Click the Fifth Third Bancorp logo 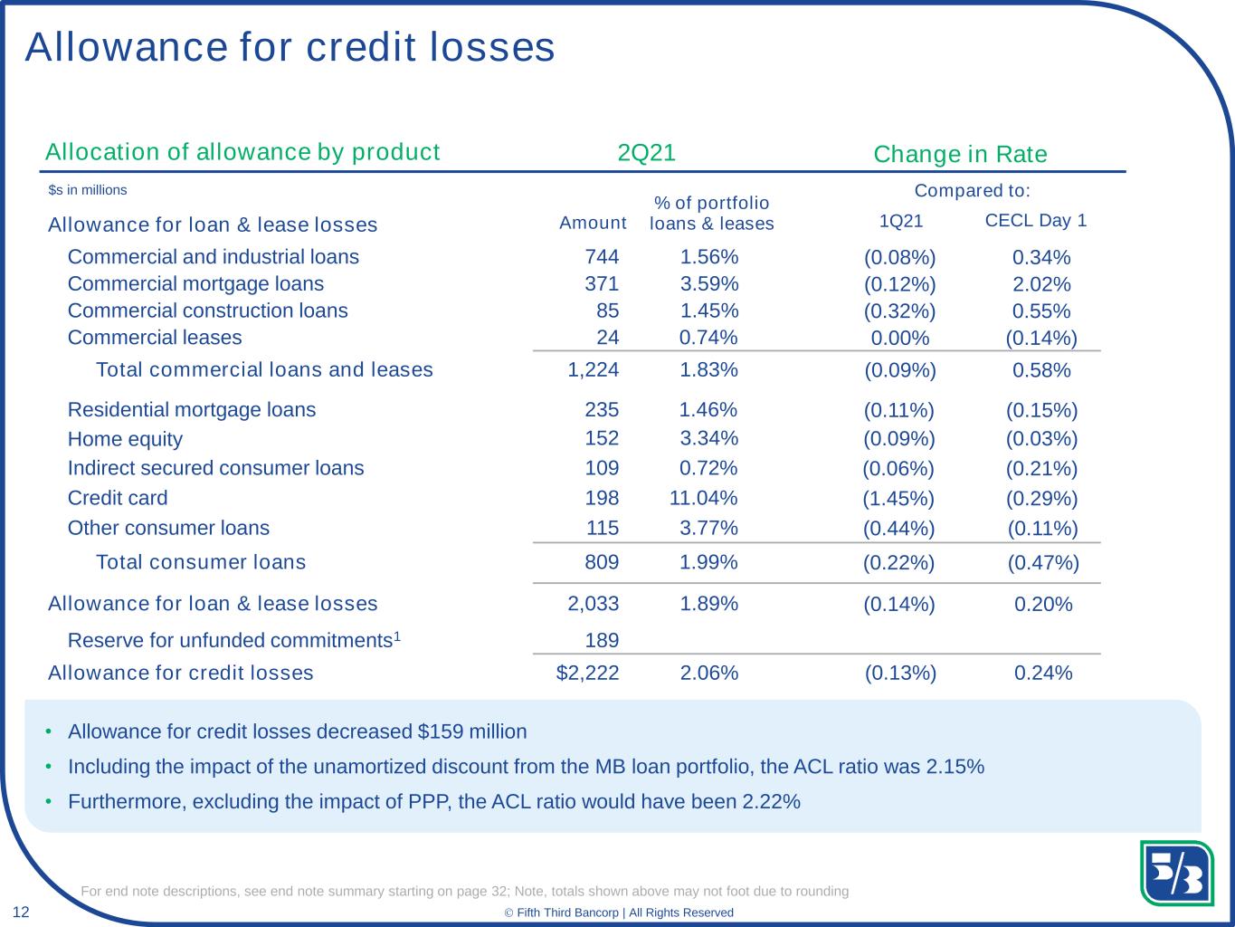click(1176, 873)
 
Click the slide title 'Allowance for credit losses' click(290, 47)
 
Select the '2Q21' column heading click(646, 153)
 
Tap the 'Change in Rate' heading click(960, 155)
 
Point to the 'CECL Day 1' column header click(1035, 220)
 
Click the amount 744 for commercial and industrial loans click(602, 257)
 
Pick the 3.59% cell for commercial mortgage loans click(709, 284)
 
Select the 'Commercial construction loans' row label click(207, 311)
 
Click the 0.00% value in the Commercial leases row click(899, 339)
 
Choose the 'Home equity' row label click(125, 439)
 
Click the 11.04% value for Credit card click(703, 498)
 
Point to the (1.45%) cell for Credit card click(898, 499)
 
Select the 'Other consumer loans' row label click(168, 528)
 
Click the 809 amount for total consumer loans click(602, 562)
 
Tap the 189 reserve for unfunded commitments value click(602, 641)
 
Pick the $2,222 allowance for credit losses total click(587, 673)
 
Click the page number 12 click(20, 912)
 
